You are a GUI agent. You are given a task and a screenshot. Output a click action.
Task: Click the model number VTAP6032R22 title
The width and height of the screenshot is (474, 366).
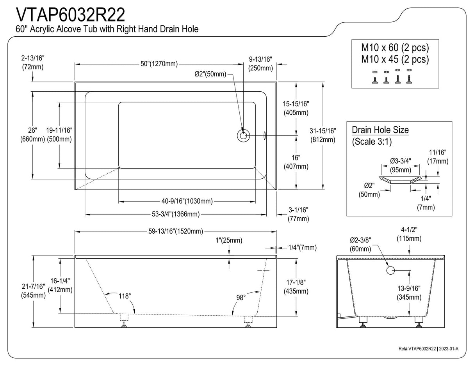pyautogui.click(x=70, y=15)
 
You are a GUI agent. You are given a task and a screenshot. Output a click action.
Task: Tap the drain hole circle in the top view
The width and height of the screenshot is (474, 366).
pyautogui.click(x=243, y=135)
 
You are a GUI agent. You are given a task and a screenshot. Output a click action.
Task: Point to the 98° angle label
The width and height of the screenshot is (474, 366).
pyautogui.click(x=241, y=298)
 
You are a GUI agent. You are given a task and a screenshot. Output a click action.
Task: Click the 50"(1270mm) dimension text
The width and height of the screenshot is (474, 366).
pyautogui.click(x=159, y=64)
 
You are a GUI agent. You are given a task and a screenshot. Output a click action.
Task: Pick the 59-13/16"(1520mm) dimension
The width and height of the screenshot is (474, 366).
pyautogui.click(x=175, y=231)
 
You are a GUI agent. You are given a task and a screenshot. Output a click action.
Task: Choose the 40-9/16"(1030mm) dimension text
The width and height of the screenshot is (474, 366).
pyautogui.click(x=187, y=201)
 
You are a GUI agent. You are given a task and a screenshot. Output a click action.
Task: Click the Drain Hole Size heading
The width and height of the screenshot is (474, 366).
pyautogui.click(x=380, y=130)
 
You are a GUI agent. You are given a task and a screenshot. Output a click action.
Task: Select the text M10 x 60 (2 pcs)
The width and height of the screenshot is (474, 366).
pyautogui.click(x=395, y=48)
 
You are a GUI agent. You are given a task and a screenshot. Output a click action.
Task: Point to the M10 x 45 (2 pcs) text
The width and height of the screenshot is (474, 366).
pyautogui.click(x=395, y=59)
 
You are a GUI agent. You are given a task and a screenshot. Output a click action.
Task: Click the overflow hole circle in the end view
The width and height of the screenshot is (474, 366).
pyautogui.click(x=390, y=270)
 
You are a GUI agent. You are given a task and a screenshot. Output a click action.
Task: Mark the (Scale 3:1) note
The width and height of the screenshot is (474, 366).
pyautogui.click(x=371, y=142)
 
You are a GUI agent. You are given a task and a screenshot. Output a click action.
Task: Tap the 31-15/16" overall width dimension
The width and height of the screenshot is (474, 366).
pyautogui.click(x=323, y=135)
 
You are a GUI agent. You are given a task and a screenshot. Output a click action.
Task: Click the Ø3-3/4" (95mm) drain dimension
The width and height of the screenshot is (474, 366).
pyautogui.click(x=401, y=165)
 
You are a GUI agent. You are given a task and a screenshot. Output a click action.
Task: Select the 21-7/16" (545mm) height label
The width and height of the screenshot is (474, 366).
pyautogui.click(x=33, y=291)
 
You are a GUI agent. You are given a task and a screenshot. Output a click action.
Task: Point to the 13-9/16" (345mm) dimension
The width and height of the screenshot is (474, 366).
pyautogui.click(x=409, y=293)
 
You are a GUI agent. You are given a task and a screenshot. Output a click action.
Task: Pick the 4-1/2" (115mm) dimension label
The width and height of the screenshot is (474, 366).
pyautogui.click(x=409, y=234)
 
